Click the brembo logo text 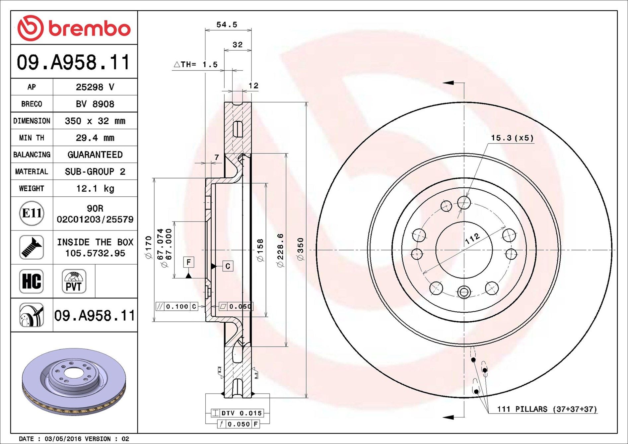[90, 29]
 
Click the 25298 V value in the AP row [95, 87]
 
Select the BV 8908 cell [95, 104]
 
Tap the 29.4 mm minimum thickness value [95, 138]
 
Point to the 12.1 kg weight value [95, 189]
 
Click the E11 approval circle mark [32, 213]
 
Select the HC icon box [32, 281]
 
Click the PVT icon [74, 281]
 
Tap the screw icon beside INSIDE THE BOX [32, 247]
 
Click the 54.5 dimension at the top [227, 25]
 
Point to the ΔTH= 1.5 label [196, 65]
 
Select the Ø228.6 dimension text [280, 250]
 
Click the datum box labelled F [188, 262]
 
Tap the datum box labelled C [228, 266]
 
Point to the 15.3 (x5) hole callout [512, 138]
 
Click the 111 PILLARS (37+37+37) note [546, 409]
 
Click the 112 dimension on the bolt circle [472, 238]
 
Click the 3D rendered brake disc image [74, 381]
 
